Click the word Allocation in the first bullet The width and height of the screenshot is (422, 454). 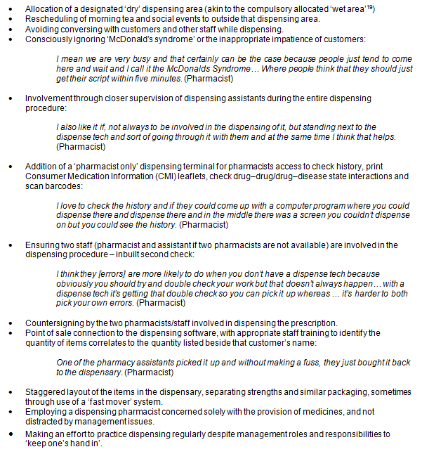44,6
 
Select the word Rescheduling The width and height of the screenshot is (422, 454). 50,18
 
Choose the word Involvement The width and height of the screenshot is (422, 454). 48,98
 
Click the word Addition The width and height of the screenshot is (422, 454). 41,166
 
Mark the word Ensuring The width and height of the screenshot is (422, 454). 42,245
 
